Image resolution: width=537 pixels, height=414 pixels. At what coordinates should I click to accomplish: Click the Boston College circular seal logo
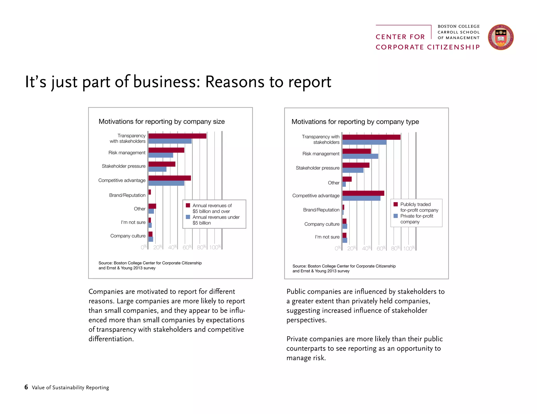500,37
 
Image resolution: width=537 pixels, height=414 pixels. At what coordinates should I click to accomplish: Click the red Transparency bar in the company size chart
177,136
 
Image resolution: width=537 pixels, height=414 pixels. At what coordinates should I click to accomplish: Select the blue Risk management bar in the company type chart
360,156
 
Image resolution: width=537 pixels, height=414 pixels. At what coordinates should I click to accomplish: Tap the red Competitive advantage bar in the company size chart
169,178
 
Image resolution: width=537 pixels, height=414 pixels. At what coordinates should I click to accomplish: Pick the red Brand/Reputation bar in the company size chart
150,192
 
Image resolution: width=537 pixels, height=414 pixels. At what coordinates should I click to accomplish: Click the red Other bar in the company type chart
347,179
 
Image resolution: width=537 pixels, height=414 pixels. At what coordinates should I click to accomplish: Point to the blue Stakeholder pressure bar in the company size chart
157,169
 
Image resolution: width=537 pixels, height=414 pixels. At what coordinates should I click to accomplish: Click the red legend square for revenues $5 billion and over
188,205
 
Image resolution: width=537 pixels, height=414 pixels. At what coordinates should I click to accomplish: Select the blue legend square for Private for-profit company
396,216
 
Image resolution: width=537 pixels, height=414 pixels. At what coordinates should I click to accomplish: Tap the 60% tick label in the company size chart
187,247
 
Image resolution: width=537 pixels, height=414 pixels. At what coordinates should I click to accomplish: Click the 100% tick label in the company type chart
409,248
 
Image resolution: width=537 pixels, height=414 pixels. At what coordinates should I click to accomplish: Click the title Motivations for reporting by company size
162,121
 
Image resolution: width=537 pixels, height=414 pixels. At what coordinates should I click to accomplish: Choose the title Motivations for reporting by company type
355,122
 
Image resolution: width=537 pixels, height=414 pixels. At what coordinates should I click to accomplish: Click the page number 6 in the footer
26,387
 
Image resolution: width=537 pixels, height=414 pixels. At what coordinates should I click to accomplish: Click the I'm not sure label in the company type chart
327,237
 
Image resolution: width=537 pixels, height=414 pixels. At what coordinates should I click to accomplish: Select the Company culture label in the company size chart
128,236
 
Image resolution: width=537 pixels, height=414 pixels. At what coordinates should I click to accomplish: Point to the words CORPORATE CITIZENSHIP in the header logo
427,47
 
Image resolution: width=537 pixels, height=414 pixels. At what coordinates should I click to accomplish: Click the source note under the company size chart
150,265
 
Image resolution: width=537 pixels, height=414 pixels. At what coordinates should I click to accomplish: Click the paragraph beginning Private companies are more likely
364,348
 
